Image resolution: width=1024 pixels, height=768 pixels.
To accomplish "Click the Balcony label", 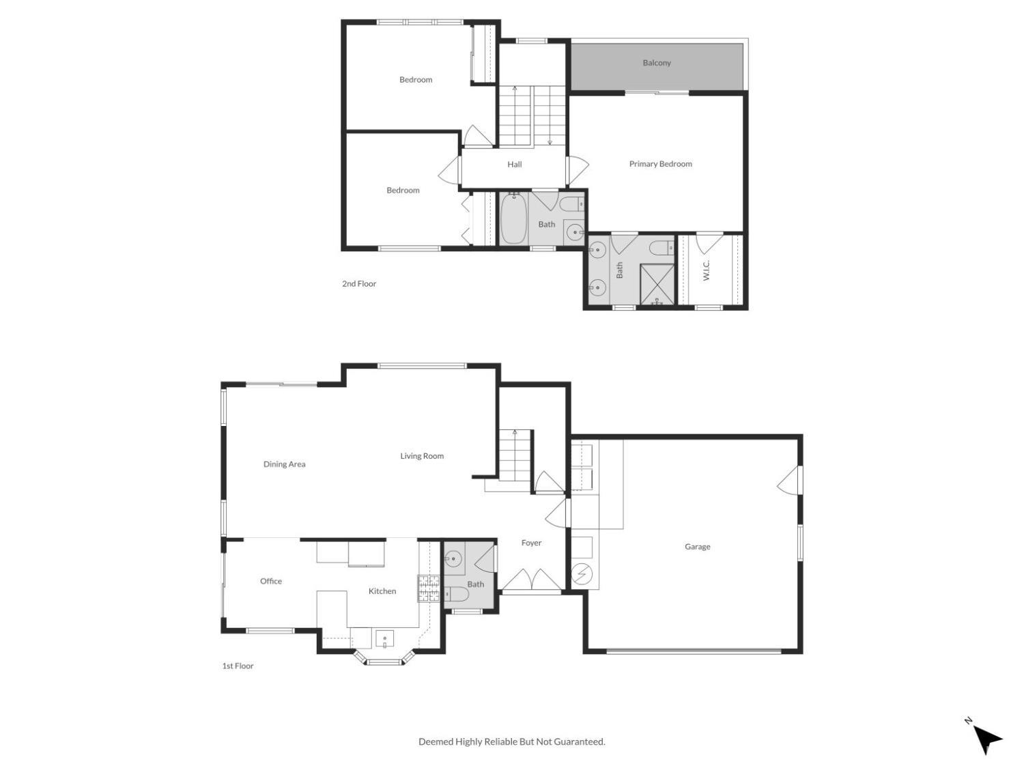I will tap(657, 63).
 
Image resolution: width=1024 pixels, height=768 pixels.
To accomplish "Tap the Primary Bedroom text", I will tap(660, 164).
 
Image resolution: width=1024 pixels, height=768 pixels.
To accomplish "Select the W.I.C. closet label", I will tap(707, 270).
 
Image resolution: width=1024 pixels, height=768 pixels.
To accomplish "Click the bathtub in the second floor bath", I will tap(513, 218).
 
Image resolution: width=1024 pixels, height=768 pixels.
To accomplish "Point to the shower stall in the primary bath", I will tap(656, 284).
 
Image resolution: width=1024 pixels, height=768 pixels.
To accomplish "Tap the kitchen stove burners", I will tap(429, 588).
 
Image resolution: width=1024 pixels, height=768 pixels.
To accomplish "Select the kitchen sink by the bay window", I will tap(385, 640).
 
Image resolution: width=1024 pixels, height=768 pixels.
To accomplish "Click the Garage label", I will tap(697, 547).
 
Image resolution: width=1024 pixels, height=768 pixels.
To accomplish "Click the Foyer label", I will tap(531, 543).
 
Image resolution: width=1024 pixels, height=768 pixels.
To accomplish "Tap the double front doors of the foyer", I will tap(532, 580).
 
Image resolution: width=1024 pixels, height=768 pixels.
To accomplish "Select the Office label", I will tap(271, 582).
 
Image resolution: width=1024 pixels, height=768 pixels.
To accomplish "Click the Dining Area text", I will tap(285, 464).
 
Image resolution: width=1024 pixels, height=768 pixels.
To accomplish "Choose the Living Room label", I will tap(422, 456).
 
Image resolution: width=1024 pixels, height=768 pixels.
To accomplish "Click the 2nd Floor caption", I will tap(359, 284).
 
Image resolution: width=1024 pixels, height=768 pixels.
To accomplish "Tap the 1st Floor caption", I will tap(238, 666).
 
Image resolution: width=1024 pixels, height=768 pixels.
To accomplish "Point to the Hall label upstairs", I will tap(515, 165).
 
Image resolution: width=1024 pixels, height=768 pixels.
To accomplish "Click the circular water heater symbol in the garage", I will tap(582, 575).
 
